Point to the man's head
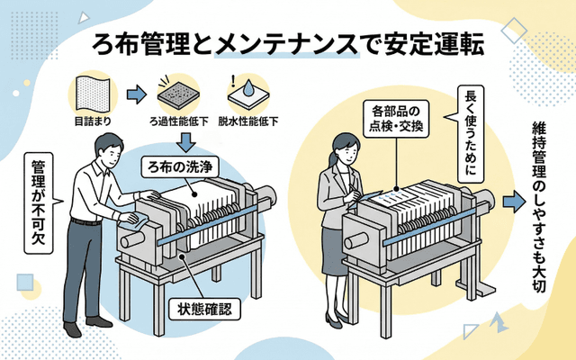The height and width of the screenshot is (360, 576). pos(105,148)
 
